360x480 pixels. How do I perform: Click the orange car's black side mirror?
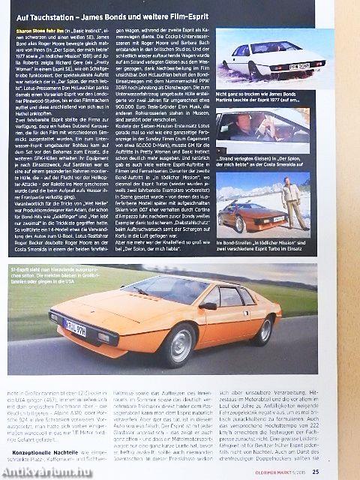tap(208, 305)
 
